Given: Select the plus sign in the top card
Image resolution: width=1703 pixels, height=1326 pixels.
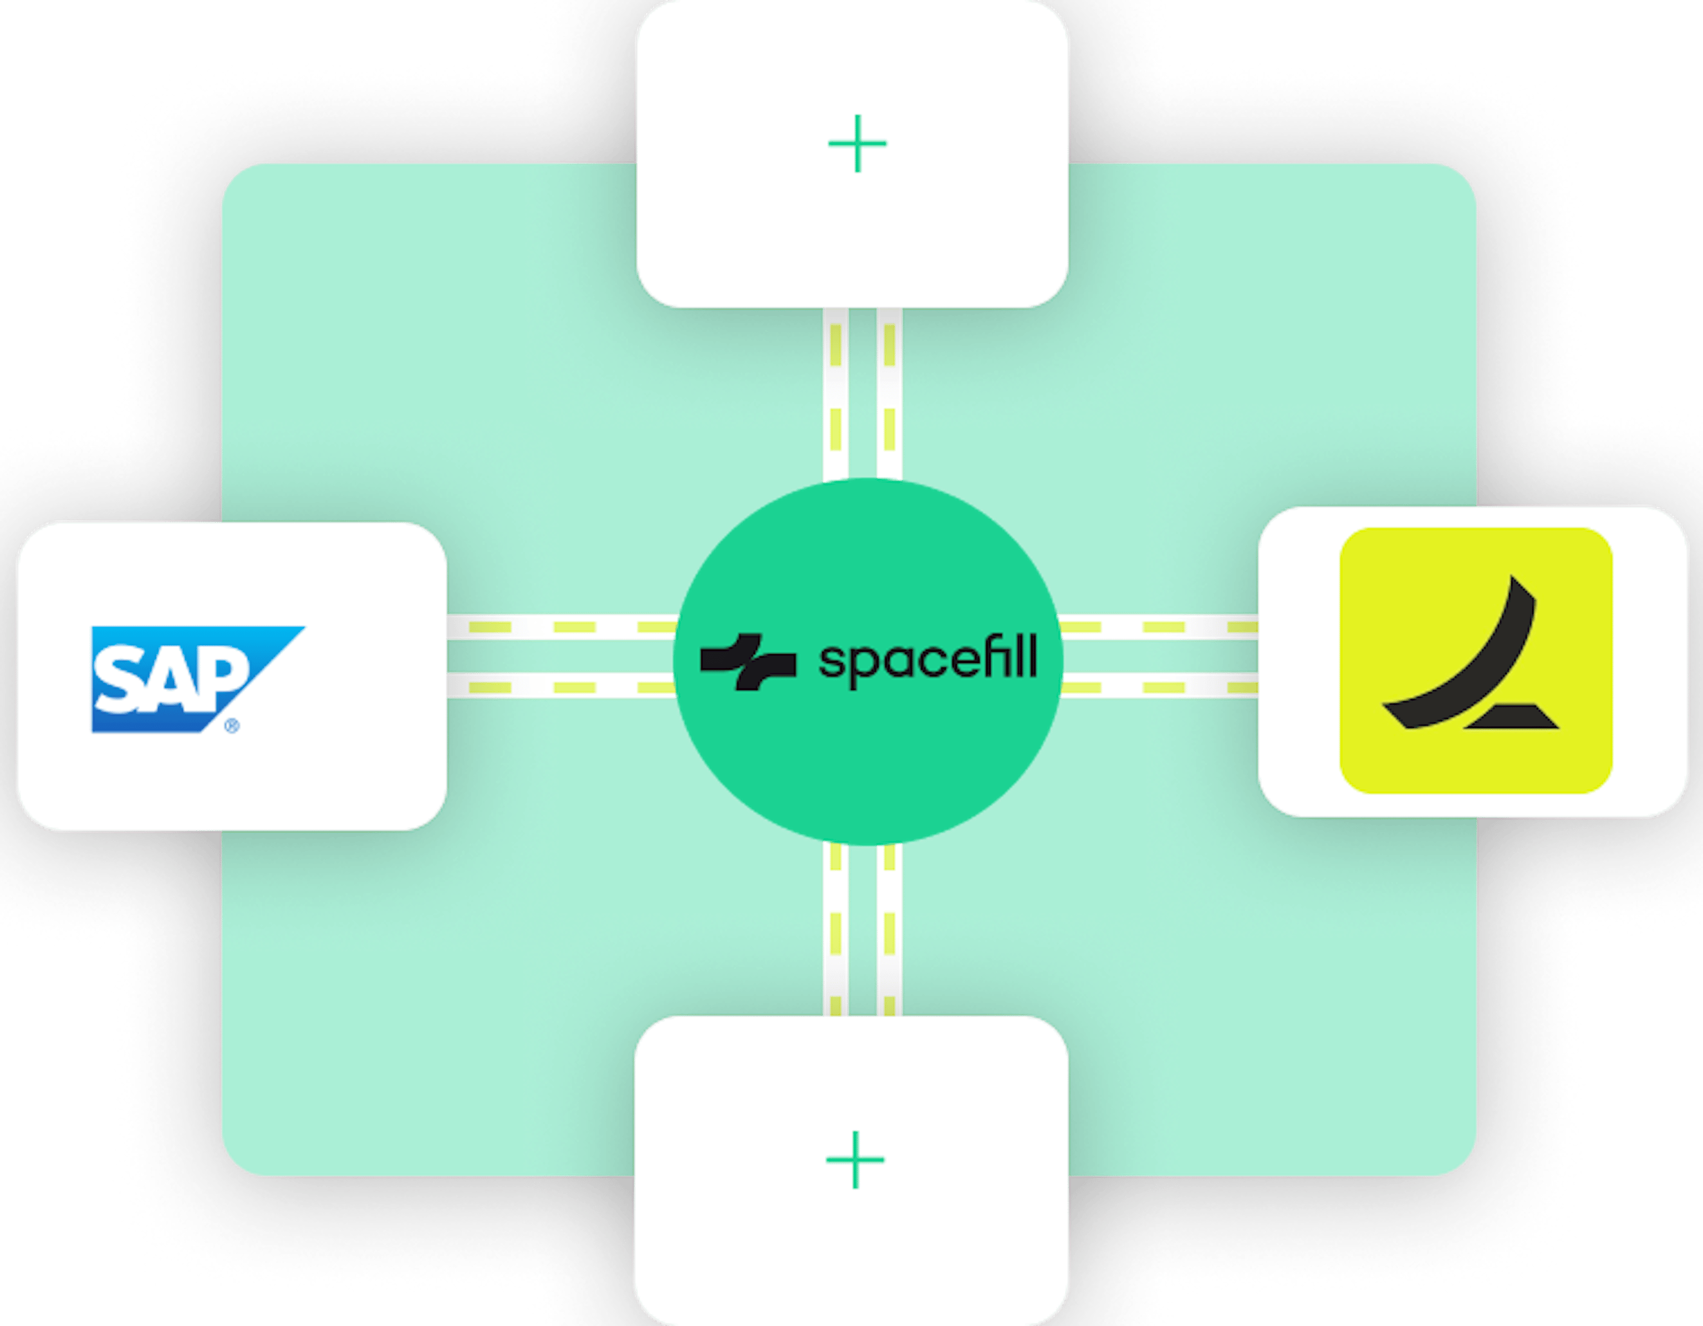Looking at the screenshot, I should [857, 144].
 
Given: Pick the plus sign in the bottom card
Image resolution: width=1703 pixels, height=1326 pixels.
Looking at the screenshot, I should [855, 1159].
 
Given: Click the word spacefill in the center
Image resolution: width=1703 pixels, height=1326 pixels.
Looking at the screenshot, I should [928, 660].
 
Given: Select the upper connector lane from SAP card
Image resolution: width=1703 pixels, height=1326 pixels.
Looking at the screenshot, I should [562, 627].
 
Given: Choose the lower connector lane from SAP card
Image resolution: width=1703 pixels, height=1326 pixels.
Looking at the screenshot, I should [562, 687].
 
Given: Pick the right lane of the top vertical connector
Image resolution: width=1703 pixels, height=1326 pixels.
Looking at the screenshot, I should [889, 394].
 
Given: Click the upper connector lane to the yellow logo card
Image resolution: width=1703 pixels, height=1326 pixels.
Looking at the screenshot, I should [1159, 627].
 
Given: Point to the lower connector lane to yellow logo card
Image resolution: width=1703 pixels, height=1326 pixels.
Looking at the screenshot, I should [1159, 687].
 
